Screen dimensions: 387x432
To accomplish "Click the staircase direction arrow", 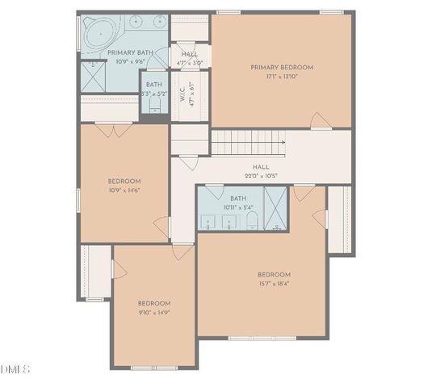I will coord(283,142).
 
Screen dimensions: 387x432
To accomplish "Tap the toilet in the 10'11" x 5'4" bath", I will coord(251,220).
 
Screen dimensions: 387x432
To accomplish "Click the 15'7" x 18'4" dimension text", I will coord(275,284).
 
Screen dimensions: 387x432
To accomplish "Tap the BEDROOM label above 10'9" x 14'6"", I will coord(124,181).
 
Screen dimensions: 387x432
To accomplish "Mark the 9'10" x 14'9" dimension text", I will coord(153,312).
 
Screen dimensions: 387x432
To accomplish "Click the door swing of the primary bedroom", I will coord(321,121).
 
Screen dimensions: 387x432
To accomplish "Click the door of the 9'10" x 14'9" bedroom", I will coord(182,252).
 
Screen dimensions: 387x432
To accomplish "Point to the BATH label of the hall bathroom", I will coord(237,198).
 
